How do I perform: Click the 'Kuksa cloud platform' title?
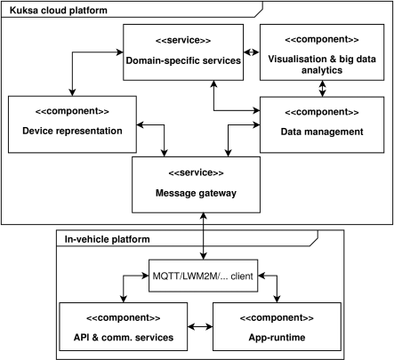[59, 11]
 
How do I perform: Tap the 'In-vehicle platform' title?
[108, 239]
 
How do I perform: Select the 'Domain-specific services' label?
[183, 60]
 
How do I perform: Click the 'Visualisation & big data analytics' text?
[322, 65]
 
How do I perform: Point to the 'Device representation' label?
[72, 131]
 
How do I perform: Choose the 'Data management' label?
[322, 132]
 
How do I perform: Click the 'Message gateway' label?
[196, 193]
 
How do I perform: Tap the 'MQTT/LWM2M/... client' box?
[203, 276]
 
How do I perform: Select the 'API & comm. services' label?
[124, 337]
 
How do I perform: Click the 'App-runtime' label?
[277, 337]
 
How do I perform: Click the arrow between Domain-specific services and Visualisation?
[252, 52]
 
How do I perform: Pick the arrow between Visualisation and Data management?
[322, 88]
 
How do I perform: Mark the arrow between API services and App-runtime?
[200, 327]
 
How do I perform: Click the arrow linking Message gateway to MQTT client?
[204, 236]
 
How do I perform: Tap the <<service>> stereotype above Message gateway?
[196, 172]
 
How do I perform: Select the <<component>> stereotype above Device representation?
[72, 111]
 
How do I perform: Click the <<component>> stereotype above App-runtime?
[277, 317]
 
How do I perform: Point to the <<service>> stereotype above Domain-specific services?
[183, 40]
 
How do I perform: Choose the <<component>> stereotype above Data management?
[322, 112]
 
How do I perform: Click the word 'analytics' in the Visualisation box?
[322, 70]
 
